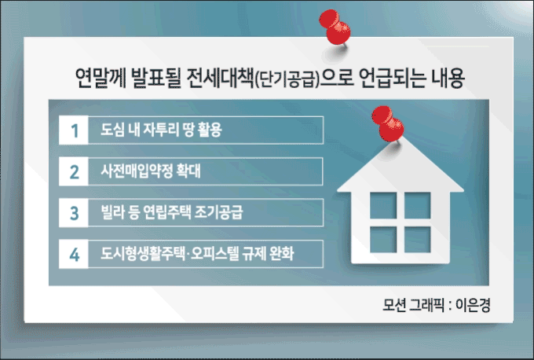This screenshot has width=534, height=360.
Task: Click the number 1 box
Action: [x=74, y=130]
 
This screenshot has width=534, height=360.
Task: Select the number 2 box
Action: [x=74, y=171]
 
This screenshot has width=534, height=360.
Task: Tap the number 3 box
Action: [x=74, y=213]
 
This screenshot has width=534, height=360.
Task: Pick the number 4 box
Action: [x=74, y=254]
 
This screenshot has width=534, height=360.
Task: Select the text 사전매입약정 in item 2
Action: [x=137, y=171]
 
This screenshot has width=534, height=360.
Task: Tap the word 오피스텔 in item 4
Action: [x=215, y=253]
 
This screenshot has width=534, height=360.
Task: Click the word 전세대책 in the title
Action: [x=220, y=78]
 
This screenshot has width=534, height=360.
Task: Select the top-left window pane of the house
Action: [x=383, y=206]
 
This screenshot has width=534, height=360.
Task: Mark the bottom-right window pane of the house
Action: [x=418, y=240]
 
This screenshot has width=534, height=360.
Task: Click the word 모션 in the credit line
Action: [x=394, y=305]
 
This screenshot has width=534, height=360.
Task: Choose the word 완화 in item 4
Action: [x=282, y=253]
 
